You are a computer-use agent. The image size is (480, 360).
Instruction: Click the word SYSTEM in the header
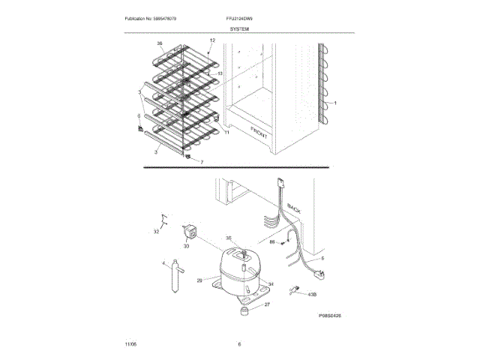(x=240, y=28)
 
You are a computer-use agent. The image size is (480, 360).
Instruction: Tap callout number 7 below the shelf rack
(x=201, y=161)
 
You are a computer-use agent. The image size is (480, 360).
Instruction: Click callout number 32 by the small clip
(x=157, y=232)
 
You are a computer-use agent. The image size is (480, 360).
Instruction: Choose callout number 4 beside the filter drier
(x=163, y=263)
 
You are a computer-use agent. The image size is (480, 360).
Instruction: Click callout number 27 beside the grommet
(x=266, y=304)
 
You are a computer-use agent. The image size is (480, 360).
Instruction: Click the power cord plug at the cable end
(x=297, y=287)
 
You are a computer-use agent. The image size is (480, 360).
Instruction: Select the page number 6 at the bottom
(x=239, y=344)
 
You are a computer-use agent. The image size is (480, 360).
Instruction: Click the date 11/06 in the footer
(x=130, y=344)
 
